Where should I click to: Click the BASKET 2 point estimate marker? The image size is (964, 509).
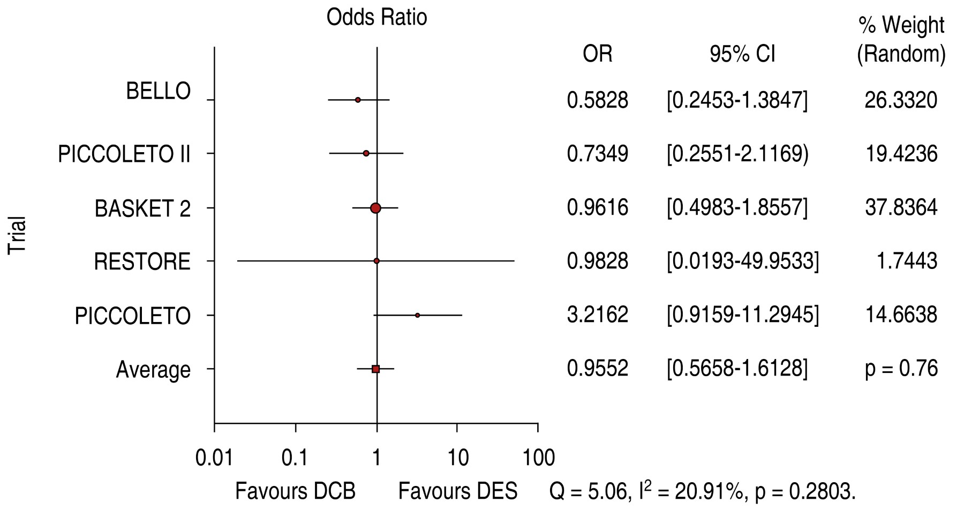point(375,208)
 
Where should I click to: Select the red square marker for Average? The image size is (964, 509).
point(375,369)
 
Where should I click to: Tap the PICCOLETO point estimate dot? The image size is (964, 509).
point(417,315)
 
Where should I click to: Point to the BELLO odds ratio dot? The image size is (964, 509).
point(358,100)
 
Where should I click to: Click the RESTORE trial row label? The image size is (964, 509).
point(142,262)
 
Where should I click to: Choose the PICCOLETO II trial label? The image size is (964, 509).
point(124,154)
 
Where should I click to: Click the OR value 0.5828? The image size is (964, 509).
point(597,100)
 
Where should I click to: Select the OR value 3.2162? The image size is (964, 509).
point(597,315)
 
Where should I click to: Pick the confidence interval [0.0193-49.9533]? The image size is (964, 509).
point(742,261)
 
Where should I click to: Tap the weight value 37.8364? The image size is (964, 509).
point(901,207)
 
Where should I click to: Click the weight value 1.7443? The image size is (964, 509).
point(909,261)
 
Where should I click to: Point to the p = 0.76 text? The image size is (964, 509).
point(901,369)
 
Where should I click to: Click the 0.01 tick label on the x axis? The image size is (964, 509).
point(214,458)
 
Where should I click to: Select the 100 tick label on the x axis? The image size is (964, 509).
point(538,458)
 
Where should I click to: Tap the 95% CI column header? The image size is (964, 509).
point(742,54)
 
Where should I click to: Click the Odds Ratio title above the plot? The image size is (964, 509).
point(376,18)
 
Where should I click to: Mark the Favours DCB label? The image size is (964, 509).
point(295,491)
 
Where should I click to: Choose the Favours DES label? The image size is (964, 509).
point(458,491)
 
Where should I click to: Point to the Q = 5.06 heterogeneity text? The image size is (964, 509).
point(702,491)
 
